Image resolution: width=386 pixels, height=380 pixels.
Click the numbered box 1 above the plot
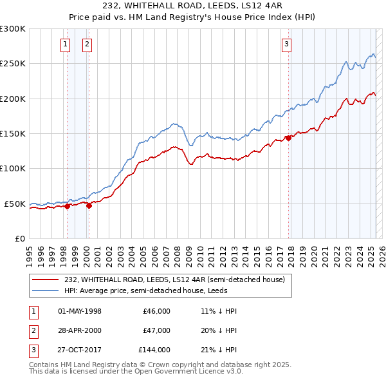(x=66, y=44)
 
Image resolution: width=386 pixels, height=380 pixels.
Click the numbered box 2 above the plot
(x=86, y=44)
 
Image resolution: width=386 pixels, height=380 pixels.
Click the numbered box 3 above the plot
(x=286, y=44)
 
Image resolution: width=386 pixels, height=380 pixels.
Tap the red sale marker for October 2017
(x=289, y=137)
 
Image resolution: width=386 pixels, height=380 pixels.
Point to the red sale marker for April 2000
(x=89, y=205)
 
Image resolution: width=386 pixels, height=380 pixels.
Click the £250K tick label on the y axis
(x=13, y=64)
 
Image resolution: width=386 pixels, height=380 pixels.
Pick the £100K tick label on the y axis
(x=13, y=169)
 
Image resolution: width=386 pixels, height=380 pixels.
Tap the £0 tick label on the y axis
(x=19, y=238)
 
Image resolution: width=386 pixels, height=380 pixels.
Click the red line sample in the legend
(x=46, y=279)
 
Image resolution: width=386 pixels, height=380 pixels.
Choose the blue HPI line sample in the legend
(x=46, y=290)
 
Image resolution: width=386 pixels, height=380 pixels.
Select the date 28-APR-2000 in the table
(x=80, y=330)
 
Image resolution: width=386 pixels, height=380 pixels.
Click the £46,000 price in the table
(x=156, y=311)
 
